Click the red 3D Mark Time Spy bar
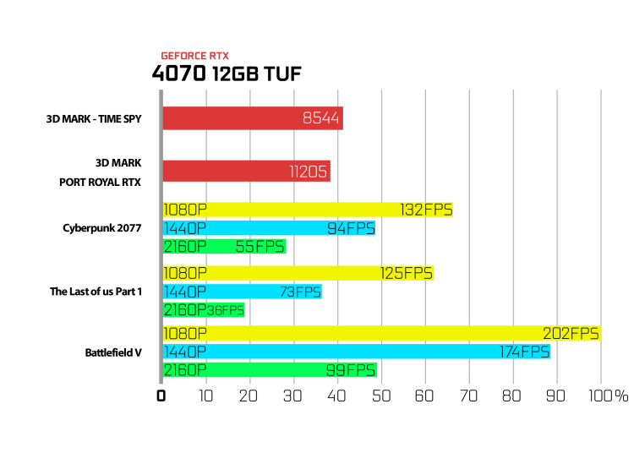tap(253, 118)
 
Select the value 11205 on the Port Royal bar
tap(308, 172)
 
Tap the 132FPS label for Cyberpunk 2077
tap(426, 210)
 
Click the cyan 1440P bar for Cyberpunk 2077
tap(269, 228)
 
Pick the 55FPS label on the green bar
tap(260, 247)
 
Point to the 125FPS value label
tap(407, 274)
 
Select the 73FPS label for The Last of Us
tap(300, 292)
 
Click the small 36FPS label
tap(225, 310)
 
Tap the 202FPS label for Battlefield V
tap(571, 333)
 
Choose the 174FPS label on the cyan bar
tap(524, 352)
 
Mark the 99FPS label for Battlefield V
tap(351, 370)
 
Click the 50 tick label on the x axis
tap(381, 396)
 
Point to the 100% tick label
tap(608, 396)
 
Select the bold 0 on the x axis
tap(161, 396)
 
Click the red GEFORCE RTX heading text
tap(195, 56)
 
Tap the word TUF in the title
tap(282, 74)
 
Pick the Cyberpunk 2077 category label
tap(102, 228)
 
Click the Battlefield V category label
tap(113, 352)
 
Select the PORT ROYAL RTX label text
tap(101, 183)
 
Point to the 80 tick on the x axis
tap(511, 396)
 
